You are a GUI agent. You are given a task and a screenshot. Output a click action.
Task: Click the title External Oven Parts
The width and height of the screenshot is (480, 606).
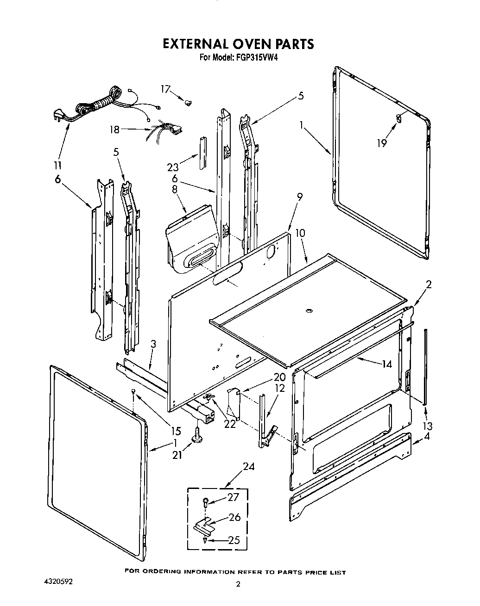coord(238,44)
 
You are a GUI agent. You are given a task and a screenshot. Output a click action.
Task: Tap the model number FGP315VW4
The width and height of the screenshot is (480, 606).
coord(255,58)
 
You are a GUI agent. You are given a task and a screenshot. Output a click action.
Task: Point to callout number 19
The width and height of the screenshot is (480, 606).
coord(381,143)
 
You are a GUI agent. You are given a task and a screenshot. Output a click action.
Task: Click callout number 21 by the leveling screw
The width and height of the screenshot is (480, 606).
coord(177,455)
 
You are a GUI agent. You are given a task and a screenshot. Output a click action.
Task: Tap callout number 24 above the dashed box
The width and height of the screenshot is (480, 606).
coord(249,466)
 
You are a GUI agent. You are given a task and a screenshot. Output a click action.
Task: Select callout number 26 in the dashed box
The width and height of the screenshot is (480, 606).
coord(235,517)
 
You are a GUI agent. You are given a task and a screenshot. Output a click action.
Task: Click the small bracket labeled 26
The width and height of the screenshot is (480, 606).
coord(203,525)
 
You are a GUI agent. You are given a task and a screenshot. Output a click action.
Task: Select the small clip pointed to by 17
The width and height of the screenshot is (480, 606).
coord(189,102)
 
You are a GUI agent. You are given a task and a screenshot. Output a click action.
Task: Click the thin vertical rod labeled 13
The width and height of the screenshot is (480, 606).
coord(424,365)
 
